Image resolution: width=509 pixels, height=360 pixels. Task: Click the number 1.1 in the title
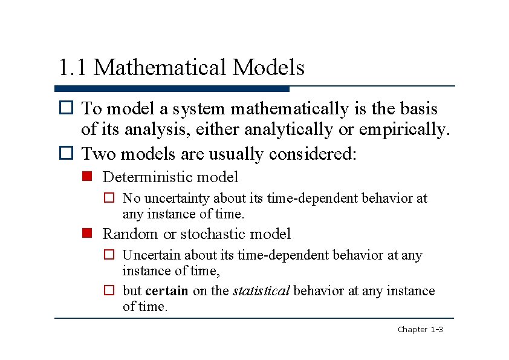click(73, 67)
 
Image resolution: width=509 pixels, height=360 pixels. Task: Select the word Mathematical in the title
click(160, 67)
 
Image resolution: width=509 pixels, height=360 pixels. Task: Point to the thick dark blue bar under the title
click(172, 89)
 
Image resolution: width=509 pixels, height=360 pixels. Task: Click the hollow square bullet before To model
click(66, 109)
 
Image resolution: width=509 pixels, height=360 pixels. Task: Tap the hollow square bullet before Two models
click(66, 154)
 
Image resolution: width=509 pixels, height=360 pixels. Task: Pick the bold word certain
click(167, 291)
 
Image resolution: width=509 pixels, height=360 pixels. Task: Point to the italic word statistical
click(262, 291)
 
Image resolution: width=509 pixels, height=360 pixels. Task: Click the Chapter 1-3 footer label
click(420, 329)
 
